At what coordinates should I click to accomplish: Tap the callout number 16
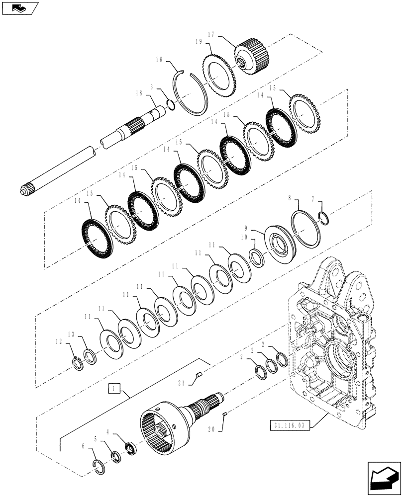point(159,59)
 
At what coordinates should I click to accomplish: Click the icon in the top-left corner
point(19,8)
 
